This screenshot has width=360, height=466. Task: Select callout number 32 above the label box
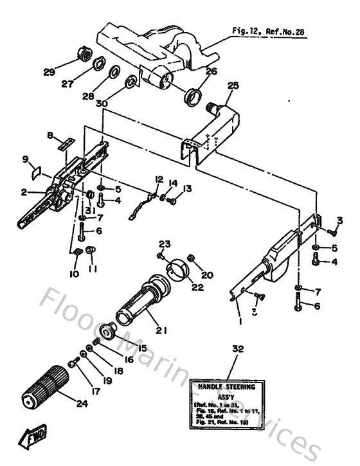(x=239, y=349)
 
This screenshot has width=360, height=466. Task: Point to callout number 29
(x=48, y=72)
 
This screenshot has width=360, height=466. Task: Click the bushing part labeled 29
(x=82, y=53)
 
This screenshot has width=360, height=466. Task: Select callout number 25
(x=233, y=85)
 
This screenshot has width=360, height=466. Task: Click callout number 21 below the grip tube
(x=161, y=331)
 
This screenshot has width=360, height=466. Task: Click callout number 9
(x=26, y=159)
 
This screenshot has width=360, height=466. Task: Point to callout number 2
(x=24, y=192)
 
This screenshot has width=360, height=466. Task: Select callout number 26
(x=212, y=72)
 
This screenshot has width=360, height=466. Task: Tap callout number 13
(x=187, y=188)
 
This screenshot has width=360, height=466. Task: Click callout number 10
(x=75, y=274)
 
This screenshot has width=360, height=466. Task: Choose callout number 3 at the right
(x=340, y=220)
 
